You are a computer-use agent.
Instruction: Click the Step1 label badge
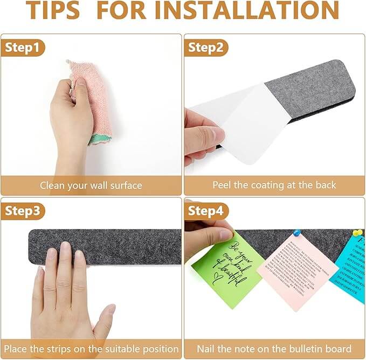tap(22, 47)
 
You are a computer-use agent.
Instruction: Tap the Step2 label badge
tap(205, 47)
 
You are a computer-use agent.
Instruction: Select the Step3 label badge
tap(22, 210)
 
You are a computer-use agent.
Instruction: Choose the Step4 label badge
tap(205, 210)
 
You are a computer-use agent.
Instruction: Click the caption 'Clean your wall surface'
tap(91, 186)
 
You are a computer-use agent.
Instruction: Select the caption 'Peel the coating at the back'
tap(274, 185)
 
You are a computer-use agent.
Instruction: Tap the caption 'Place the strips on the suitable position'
tap(91, 349)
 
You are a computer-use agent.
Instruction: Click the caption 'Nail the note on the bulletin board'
tap(274, 349)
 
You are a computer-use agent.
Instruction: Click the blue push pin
tap(296, 233)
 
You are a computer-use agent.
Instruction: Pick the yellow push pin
tap(356, 233)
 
